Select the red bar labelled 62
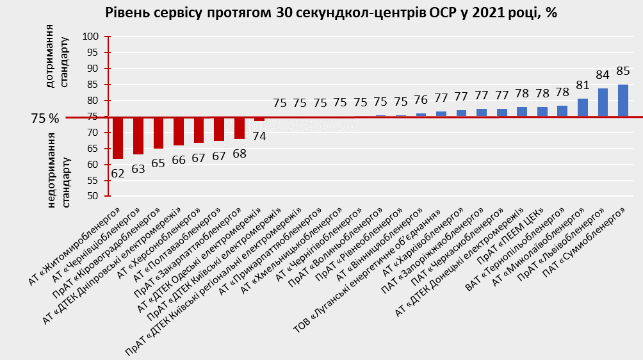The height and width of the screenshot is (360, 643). (x=118, y=138)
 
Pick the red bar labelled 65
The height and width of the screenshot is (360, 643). (x=158, y=133)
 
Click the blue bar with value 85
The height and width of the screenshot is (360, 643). (x=623, y=101)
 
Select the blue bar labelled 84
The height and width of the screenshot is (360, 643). (x=603, y=102)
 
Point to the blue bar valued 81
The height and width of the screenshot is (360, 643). (x=582, y=108)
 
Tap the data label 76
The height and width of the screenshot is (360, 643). (x=421, y=100)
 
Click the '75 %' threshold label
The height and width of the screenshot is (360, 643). (x=45, y=119)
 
